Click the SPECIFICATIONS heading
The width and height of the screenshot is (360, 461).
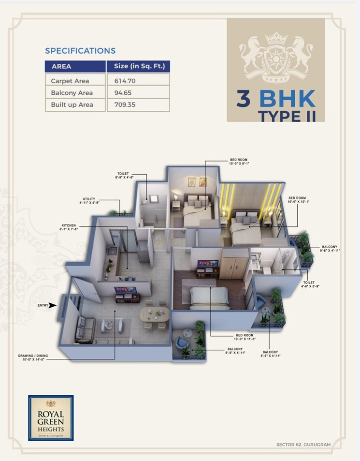(80, 51)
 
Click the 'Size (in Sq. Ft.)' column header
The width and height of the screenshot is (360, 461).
(138, 66)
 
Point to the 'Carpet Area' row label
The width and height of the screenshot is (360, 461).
(70, 81)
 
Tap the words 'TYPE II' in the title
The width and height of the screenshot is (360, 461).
(287, 116)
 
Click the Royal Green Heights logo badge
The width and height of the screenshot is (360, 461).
(51, 417)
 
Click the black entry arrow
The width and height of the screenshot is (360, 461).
(53, 305)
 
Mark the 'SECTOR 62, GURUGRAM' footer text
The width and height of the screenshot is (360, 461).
(303, 444)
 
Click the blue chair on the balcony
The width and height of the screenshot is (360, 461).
(183, 342)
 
